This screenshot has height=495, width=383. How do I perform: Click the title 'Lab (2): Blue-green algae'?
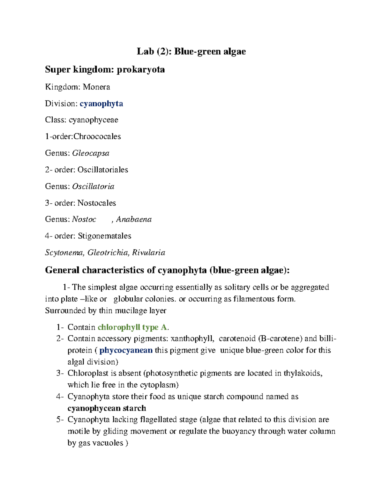pyautogui.click(x=191, y=52)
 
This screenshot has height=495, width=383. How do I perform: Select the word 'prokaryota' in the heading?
pyautogui.click(x=141, y=69)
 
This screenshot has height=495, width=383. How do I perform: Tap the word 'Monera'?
pyautogui.click(x=96, y=87)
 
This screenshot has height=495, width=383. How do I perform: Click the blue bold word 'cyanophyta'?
pyautogui.click(x=101, y=104)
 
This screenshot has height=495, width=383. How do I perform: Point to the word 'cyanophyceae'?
pyautogui.click(x=94, y=120)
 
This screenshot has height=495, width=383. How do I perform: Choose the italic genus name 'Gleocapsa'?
pyautogui.click(x=91, y=153)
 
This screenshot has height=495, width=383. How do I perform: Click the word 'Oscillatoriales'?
pyautogui.click(x=103, y=170)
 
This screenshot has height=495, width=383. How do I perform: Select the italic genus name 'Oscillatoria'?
pyautogui.click(x=93, y=186)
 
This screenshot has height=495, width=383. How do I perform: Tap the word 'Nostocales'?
pyautogui.click(x=97, y=203)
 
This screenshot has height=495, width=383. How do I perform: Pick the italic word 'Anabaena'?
pyautogui.click(x=134, y=220)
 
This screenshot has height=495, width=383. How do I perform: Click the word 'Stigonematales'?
pyautogui.click(x=104, y=236)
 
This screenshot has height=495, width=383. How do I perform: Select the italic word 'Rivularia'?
pyautogui.click(x=149, y=253)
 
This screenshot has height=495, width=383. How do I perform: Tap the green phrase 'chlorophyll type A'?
pyautogui.click(x=132, y=327)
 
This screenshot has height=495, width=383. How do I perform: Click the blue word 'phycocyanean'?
pyautogui.click(x=126, y=350)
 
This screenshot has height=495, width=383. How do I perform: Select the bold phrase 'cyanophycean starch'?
pyautogui.click(x=107, y=408)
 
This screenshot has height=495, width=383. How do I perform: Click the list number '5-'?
pyautogui.click(x=60, y=420)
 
